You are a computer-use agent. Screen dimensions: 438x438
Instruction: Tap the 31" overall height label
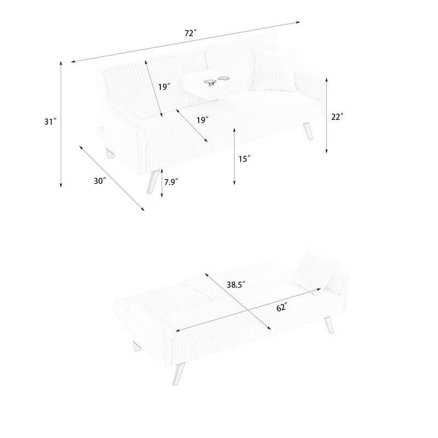pyautogui.click(x=51, y=122)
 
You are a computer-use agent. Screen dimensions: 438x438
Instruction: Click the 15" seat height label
pyautogui.click(x=244, y=159)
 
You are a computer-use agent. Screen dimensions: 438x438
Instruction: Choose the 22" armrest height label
pyautogui.click(x=337, y=117)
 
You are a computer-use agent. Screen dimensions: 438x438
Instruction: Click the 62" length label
pyautogui.click(x=281, y=308)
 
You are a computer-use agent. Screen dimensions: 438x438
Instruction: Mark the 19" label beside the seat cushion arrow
pyautogui.click(x=203, y=119)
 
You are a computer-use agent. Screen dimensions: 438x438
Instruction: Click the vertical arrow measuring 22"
pyautogui.click(x=326, y=115)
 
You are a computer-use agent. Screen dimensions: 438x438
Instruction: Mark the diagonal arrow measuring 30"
pyautogui.click(x=112, y=178)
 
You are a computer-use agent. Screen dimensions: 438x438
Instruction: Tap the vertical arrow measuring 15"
pyautogui.click(x=234, y=156)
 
